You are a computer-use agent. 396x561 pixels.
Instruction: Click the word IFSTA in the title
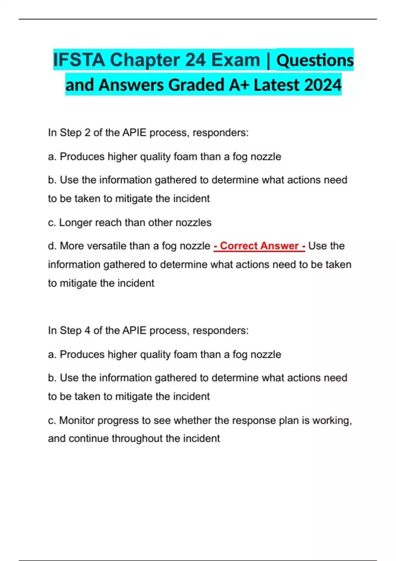[x=79, y=60]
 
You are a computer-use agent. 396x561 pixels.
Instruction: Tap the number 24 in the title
[x=196, y=60]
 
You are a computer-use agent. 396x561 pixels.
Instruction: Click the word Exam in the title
[x=236, y=60]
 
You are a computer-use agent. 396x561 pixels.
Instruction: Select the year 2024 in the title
[x=323, y=85]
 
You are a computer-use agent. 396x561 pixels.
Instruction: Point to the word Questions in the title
[x=315, y=60]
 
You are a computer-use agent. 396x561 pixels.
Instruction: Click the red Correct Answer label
[x=259, y=246]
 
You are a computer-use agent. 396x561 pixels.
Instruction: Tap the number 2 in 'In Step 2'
[x=87, y=133]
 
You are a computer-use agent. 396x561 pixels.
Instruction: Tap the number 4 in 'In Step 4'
[x=87, y=330]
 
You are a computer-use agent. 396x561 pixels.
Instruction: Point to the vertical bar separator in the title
[x=268, y=60]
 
